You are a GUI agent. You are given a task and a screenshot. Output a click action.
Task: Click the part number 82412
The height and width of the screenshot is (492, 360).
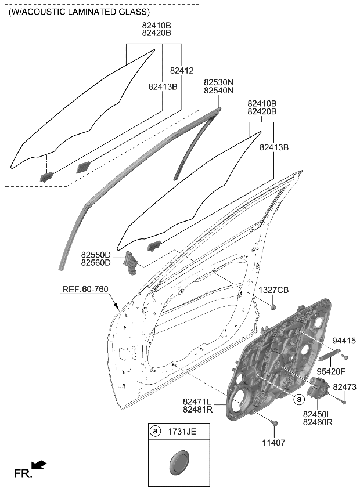click(x=181, y=70)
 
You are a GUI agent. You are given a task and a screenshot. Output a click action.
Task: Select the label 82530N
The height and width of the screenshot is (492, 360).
click(x=218, y=83)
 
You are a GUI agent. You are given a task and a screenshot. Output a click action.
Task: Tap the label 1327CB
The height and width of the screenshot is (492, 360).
click(x=273, y=290)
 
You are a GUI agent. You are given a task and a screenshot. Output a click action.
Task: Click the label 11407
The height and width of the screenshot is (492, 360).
click(x=273, y=443)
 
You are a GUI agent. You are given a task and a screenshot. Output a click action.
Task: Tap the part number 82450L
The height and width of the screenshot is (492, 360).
click(x=318, y=415)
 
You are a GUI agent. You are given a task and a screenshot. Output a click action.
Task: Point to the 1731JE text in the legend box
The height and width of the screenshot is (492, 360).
click(x=181, y=431)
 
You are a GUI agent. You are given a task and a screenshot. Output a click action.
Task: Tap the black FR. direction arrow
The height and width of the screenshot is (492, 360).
click(x=39, y=465)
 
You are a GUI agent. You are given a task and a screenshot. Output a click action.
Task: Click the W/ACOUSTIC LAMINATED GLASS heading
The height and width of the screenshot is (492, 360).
click(x=79, y=12)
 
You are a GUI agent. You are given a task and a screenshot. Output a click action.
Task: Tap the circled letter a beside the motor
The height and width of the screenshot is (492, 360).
click(x=298, y=399)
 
